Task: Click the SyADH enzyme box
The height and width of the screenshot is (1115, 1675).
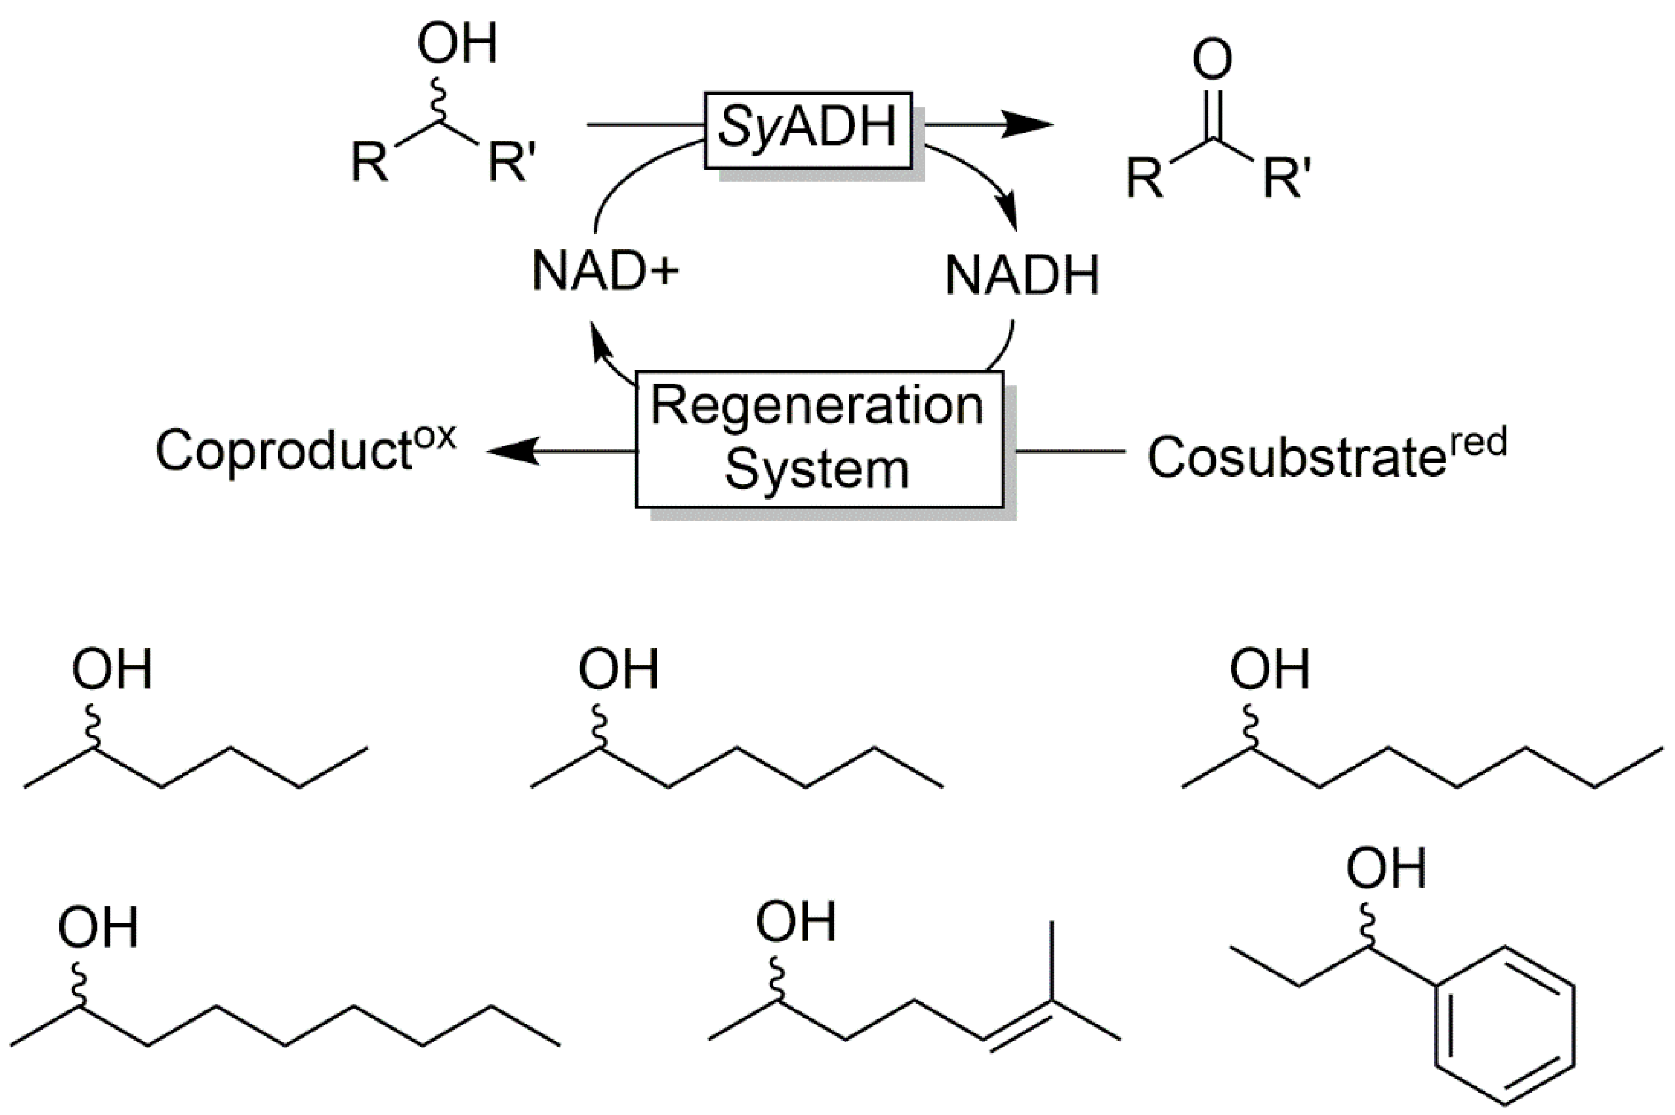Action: click(x=807, y=129)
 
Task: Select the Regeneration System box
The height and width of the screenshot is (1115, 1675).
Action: click(x=818, y=438)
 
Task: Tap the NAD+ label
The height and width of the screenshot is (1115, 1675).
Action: click(x=604, y=272)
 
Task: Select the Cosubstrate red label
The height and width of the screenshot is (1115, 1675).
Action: click(x=1327, y=455)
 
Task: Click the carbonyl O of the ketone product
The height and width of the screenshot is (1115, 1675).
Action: click(x=1212, y=60)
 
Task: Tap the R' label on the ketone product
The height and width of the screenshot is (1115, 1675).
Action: click(x=1287, y=178)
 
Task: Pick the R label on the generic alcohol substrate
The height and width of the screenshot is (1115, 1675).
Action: click(x=370, y=162)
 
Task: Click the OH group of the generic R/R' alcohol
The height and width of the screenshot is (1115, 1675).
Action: click(x=457, y=44)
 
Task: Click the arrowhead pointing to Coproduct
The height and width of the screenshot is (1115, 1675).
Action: click(x=512, y=451)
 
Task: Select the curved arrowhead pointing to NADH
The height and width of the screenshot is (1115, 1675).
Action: click(x=1008, y=213)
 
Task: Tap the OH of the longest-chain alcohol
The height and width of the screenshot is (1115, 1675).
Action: click(x=97, y=928)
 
